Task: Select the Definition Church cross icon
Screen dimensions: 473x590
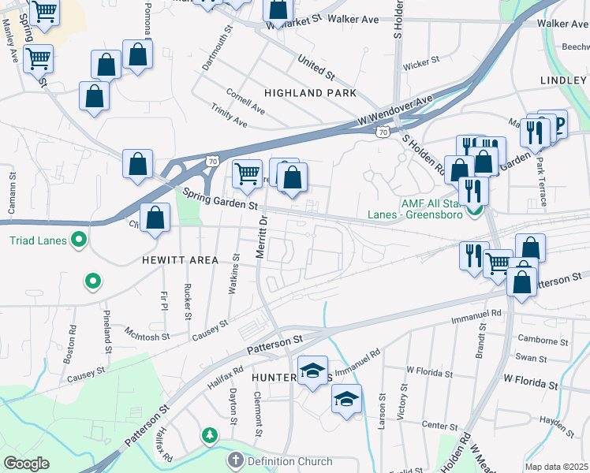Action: point(235,460)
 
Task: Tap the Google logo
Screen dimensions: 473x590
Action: point(26,463)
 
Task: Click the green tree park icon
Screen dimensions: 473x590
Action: point(209,435)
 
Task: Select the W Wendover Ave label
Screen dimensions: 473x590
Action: point(395,111)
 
